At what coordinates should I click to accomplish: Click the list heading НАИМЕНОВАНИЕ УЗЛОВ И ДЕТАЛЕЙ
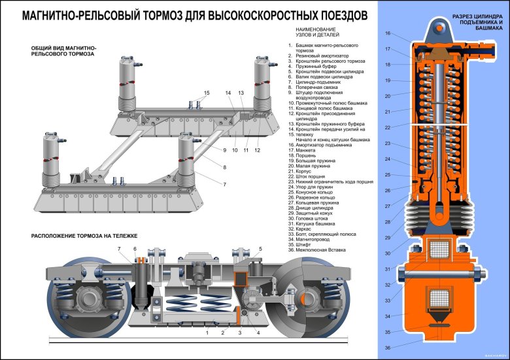pyautogui.click(x=316, y=33)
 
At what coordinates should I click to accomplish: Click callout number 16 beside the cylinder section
pyautogui.click(x=388, y=33)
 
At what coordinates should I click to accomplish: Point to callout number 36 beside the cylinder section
pyautogui.click(x=388, y=347)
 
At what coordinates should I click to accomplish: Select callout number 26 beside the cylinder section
pyautogui.click(x=388, y=191)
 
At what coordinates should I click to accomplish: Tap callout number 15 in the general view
pyautogui.click(x=206, y=93)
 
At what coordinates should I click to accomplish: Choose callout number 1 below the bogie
pyautogui.click(x=207, y=333)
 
